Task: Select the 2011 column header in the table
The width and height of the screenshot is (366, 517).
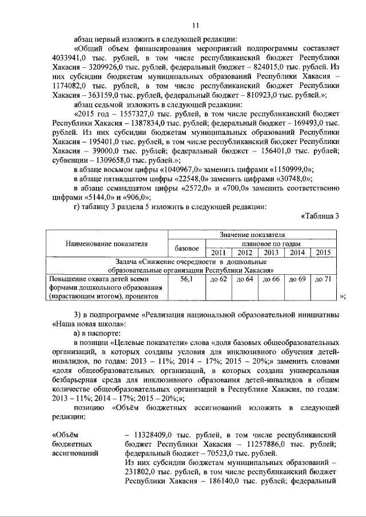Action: pyautogui.click(x=218, y=252)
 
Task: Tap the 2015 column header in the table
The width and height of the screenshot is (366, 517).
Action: pyautogui.click(x=323, y=252)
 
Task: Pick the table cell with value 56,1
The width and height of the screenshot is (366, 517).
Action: pyautogui.click(x=187, y=279)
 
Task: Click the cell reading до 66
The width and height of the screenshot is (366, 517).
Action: pyautogui.click(x=271, y=279)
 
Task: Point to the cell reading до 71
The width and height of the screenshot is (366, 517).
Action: pyautogui.click(x=323, y=279)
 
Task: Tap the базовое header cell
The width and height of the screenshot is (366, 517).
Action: pyautogui.click(x=186, y=247)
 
